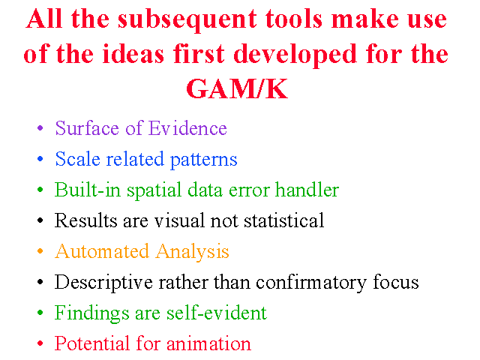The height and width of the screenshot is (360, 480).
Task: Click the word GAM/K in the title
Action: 237,88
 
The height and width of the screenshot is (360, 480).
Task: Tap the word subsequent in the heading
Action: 187,21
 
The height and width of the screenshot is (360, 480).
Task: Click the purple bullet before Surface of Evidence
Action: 40,127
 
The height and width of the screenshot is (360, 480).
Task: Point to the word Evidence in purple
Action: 187,128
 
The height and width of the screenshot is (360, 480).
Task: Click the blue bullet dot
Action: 40,158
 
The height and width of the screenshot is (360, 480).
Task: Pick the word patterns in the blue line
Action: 203,160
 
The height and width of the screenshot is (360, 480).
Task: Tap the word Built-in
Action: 88,190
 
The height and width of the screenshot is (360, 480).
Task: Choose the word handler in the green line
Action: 307,190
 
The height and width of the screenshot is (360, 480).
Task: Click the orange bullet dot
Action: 40,251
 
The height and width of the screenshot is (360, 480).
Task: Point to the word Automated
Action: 102,251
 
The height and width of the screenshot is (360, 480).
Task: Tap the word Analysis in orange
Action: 193,252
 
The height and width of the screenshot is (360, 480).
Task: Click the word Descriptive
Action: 103,283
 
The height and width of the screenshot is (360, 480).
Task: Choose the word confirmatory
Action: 311,283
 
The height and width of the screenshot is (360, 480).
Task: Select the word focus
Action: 396,282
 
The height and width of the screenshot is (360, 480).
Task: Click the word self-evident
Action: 217,313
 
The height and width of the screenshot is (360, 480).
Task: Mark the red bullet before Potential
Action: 40,343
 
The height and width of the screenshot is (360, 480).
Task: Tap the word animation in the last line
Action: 208,343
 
